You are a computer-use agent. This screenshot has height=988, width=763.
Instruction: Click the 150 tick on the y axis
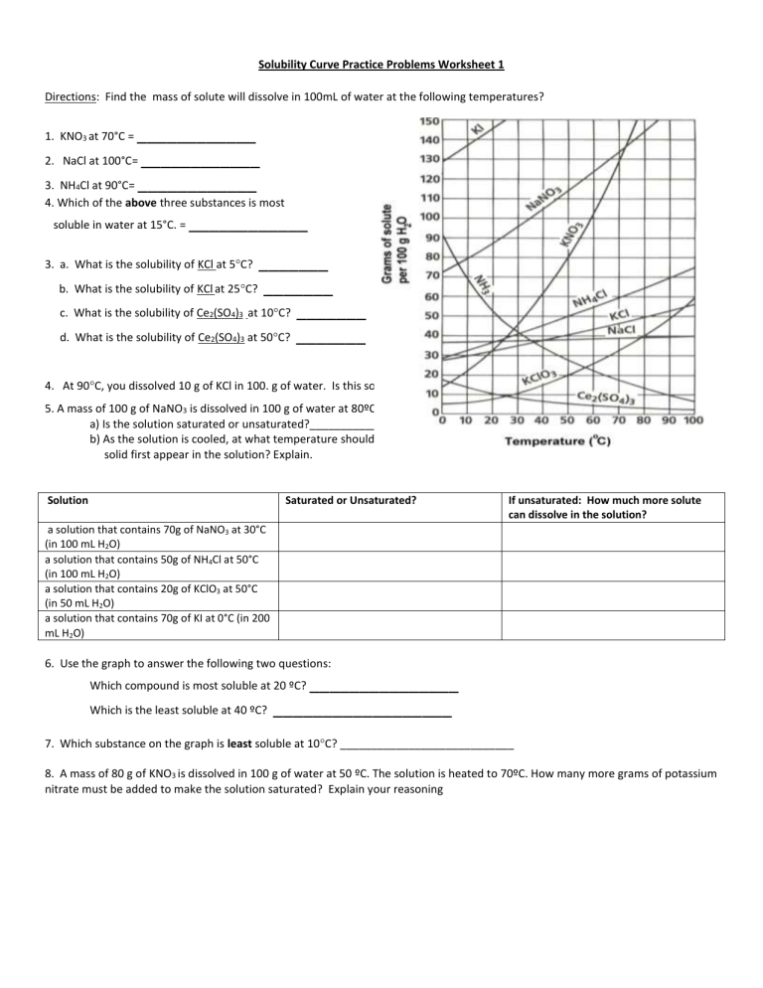click(428, 121)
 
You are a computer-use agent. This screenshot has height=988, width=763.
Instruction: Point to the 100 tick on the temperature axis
click(693, 420)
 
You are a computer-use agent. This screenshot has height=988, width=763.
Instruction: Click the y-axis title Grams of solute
click(390, 245)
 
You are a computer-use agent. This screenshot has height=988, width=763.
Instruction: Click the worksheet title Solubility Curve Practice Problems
click(381, 65)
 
